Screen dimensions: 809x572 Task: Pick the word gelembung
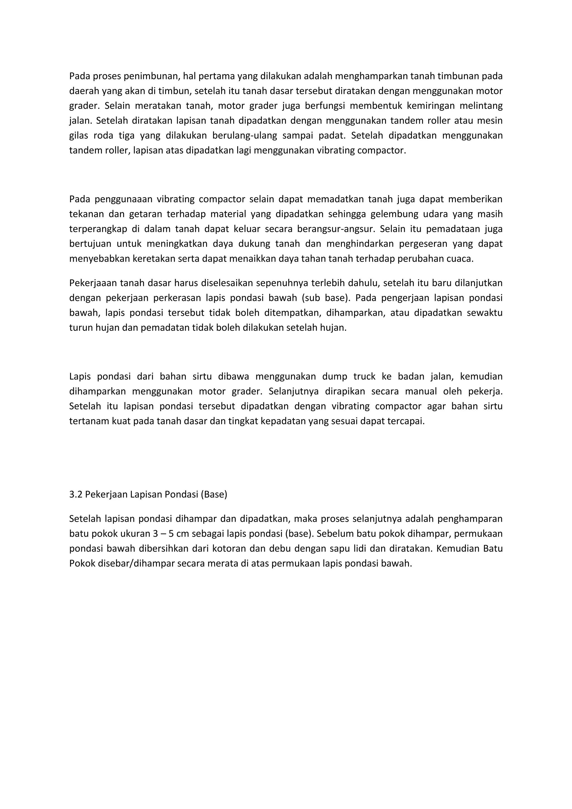pos(394,214)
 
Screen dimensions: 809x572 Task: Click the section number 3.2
pos(75,494)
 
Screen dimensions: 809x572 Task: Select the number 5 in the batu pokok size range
pos(171,534)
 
